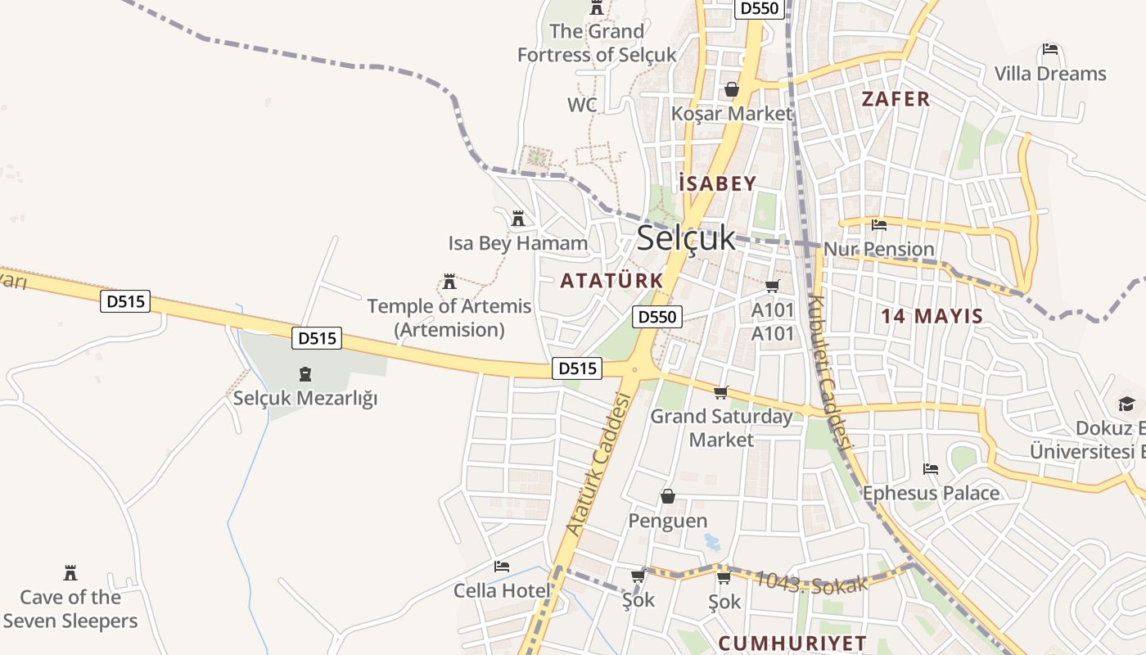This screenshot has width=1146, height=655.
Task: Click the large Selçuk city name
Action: (x=686, y=238)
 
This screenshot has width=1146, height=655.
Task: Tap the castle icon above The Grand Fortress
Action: (x=597, y=9)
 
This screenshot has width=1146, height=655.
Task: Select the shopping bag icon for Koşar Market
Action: (x=731, y=89)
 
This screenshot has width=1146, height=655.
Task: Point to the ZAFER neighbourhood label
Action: (x=896, y=99)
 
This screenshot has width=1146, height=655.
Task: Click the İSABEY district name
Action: (x=717, y=183)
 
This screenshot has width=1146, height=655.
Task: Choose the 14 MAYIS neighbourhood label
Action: (x=932, y=316)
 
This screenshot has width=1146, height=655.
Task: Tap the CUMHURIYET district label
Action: (x=792, y=643)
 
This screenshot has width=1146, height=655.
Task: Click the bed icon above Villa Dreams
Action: (x=1050, y=50)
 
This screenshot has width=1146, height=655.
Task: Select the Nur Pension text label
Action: (x=878, y=249)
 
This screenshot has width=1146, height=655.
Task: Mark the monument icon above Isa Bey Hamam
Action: (x=517, y=219)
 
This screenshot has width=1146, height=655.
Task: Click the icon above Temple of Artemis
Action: (x=449, y=282)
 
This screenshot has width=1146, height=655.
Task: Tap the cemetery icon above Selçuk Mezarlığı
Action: (x=305, y=375)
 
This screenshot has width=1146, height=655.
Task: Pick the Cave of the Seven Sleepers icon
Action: (x=70, y=573)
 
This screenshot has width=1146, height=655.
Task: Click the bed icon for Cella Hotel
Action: (x=502, y=567)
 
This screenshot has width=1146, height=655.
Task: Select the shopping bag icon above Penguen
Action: (x=668, y=496)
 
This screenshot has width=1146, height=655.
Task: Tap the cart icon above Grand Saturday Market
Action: (x=720, y=393)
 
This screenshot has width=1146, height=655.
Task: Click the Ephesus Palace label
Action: (x=931, y=493)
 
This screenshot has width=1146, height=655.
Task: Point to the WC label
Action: (x=582, y=105)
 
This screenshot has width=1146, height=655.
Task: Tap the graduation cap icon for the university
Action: (x=1127, y=404)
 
